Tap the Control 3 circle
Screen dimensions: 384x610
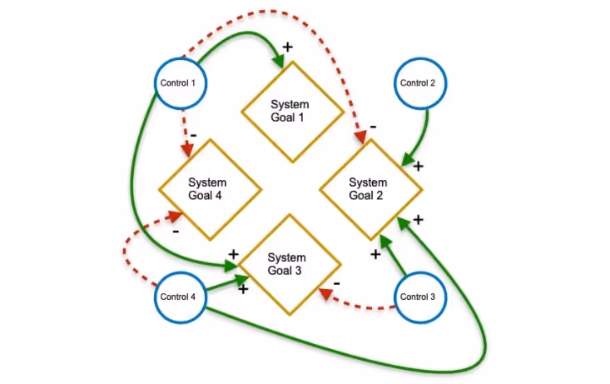(x=418, y=297)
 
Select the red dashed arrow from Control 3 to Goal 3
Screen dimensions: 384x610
(x=358, y=301)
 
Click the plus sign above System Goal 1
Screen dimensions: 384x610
(x=287, y=47)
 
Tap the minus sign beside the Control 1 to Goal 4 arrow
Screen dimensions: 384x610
(x=193, y=133)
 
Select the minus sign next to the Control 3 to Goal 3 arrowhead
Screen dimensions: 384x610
(x=335, y=283)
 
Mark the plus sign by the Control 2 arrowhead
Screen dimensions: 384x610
(x=418, y=166)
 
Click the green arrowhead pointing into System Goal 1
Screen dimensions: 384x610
(x=277, y=61)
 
